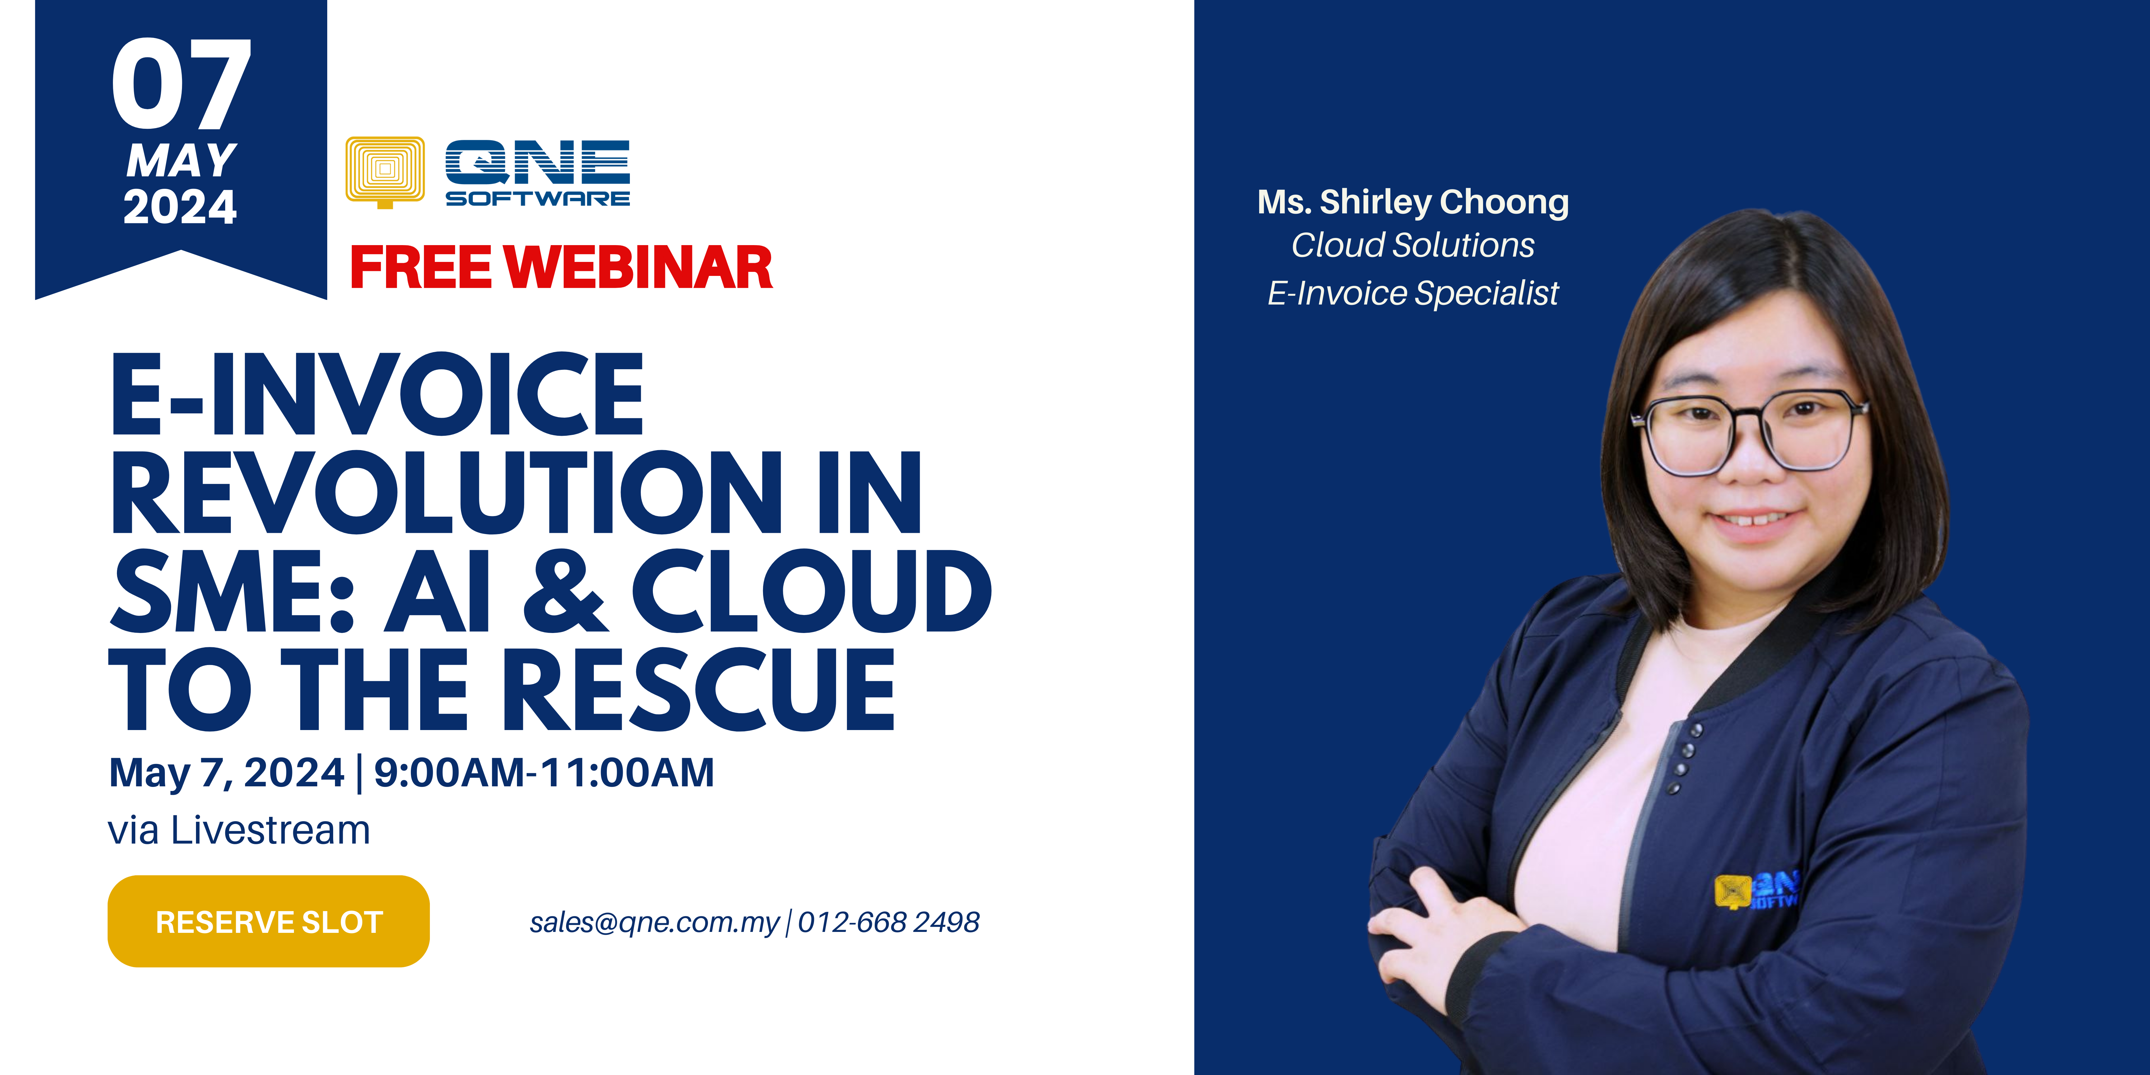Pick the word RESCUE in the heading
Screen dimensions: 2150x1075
tap(700, 689)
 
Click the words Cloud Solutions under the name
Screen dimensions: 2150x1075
tap(1413, 245)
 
